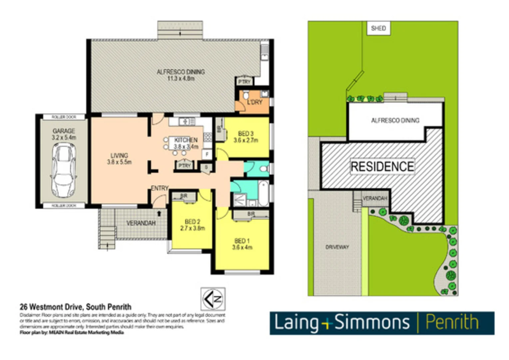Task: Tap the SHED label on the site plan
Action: (x=378, y=28)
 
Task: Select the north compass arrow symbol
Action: (x=213, y=299)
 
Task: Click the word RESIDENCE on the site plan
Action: (x=382, y=166)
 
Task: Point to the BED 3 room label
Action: (x=246, y=134)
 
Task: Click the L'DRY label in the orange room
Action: (x=254, y=102)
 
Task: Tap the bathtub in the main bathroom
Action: (x=263, y=193)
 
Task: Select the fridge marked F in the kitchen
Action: (x=207, y=154)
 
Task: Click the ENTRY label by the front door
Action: (x=160, y=188)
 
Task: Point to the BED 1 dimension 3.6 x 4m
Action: (x=242, y=247)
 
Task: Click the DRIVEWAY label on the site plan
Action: (x=337, y=247)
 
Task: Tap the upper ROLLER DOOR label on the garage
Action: (x=64, y=117)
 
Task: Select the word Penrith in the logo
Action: (x=452, y=323)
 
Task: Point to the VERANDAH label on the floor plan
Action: (x=141, y=223)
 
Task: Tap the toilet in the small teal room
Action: (x=264, y=169)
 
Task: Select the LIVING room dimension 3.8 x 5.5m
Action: (x=119, y=162)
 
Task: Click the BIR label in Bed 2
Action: (x=184, y=196)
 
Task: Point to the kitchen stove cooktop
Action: (x=208, y=137)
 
